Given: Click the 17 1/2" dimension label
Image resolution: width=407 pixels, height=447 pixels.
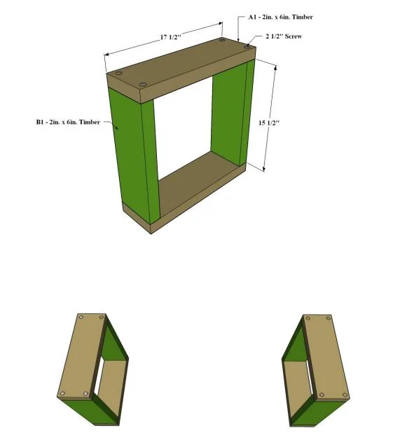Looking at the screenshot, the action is pyautogui.click(x=170, y=37).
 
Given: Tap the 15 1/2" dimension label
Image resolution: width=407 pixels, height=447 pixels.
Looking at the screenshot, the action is pyautogui.click(x=269, y=123).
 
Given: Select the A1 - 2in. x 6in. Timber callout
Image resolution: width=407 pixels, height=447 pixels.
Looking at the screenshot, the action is pyautogui.click(x=280, y=17).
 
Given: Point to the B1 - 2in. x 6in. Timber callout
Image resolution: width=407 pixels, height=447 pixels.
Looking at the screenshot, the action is pyautogui.click(x=68, y=122).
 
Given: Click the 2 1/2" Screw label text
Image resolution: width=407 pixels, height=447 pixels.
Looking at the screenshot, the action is pyautogui.click(x=284, y=36).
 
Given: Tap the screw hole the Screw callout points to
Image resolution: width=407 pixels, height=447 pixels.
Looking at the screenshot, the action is pyautogui.click(x=247, y=47).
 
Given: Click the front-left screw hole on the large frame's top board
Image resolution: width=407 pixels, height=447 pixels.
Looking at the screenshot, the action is pyautogui.click(x=143, y=85).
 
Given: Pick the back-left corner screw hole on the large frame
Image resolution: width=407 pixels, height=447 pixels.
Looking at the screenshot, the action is pyautogui.click(x=118, y=74).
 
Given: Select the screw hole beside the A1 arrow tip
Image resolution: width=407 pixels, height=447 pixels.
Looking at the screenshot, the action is pyautogui.click(x=222, y=41).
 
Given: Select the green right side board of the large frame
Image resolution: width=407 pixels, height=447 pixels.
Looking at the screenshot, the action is pyautogui.click(x=233, y=114).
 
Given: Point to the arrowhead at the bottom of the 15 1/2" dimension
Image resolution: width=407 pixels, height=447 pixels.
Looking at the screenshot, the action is pyautogui.click(x=264, y=169).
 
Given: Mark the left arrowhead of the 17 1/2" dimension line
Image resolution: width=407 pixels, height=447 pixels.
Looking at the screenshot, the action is pyautogui.click(x=107, y=54).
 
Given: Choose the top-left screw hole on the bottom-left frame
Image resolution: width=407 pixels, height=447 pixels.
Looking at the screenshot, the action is pyautogui.click(x=81, y=317).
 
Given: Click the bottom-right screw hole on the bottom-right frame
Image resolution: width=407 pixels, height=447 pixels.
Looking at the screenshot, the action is pyautogui.click(x=345, y=395).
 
